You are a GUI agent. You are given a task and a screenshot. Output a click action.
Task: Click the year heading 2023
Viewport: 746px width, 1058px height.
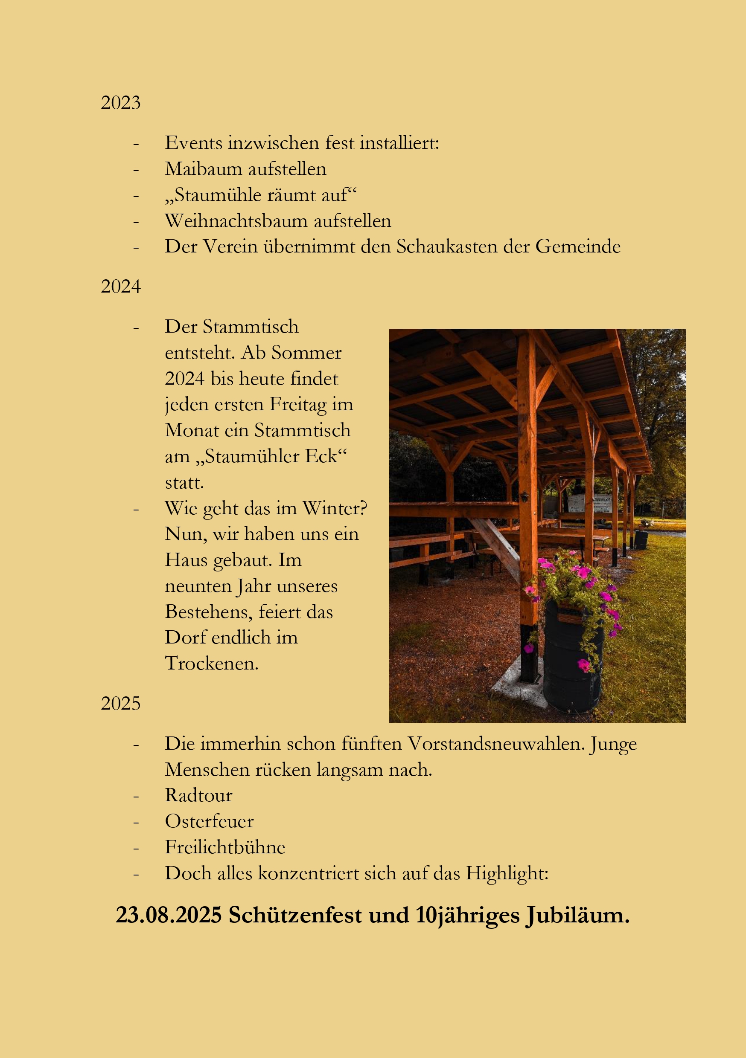tap(120, 102)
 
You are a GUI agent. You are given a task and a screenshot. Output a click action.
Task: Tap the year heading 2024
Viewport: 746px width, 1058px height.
tap(120, 287)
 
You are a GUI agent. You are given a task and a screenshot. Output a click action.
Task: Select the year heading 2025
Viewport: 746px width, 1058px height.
tap(120, 703)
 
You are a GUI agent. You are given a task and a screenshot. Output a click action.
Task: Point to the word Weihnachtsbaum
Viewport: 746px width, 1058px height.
tap(236, 221)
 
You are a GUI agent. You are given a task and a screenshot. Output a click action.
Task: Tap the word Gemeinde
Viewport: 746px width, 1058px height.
tap(578, 246)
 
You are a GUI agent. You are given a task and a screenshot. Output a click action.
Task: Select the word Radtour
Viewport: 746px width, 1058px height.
tap(199, 795)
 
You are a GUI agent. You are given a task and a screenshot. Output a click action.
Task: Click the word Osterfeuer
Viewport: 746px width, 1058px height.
tap(209, 821)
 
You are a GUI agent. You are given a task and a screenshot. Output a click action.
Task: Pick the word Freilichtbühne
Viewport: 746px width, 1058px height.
tap(225, 847)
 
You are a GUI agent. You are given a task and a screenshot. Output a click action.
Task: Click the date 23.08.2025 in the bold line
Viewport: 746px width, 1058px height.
tap(169, 915)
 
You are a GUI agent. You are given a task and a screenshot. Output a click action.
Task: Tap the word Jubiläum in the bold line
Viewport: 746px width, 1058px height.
tap(577, 916)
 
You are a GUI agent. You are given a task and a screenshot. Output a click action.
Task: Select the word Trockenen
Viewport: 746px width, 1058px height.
tap(212, 663)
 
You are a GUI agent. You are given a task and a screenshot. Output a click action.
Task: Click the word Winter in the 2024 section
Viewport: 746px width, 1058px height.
tap(334, 508)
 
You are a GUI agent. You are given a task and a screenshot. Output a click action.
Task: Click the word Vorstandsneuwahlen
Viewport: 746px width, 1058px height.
tap(496, 744)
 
